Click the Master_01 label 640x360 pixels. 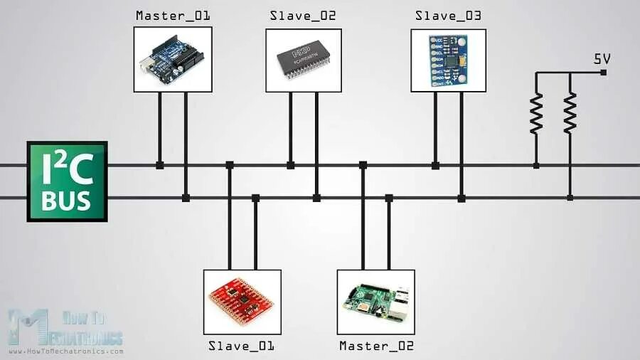click(x=173, y=16)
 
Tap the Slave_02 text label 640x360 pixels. click(x=303, y=16)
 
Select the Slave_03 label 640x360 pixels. click(x=449, y=16)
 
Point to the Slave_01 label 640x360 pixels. click(x=241, y=346)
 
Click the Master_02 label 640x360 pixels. click(x=376, y=346)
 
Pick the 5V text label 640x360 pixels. click(x=602, y=60)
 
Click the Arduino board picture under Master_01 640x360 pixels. click(x=174, y=60)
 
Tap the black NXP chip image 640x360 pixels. click(x=304, y=60)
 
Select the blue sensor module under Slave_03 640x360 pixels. click(x=449, y=60)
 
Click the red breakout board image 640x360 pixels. click(x=241, y=302)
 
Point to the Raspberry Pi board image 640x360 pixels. click(x=375, y=302)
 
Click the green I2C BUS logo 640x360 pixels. click(x=67, y=181)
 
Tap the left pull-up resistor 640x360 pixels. click(x=536, y=114)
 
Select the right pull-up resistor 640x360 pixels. click(x=570, y=114)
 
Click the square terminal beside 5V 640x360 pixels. click(x=603, y=73)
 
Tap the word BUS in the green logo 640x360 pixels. click(x=67, y=201)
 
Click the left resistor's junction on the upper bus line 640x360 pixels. click(x=536, y=165)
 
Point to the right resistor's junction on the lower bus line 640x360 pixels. click(x=570, y=198)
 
